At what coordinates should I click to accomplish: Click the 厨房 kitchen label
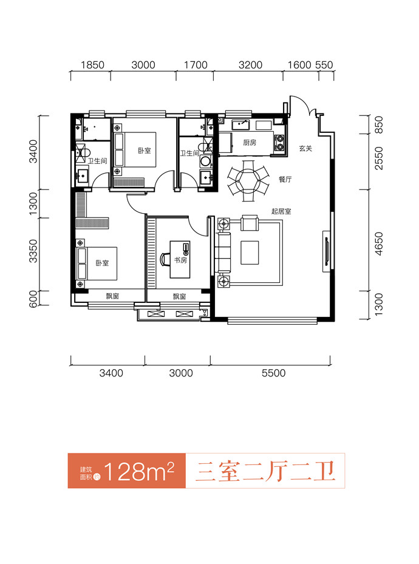[x=250, y=143]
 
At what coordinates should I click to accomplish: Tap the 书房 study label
[x=180, y=260]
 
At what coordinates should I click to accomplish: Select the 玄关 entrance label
[x=305, y=148]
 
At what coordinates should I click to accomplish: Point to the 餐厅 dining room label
[x=285, y=179]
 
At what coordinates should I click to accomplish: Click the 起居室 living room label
[x=281, y=211]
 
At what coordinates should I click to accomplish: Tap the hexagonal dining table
[x=248, y=181]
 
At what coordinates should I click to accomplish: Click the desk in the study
[x=180, y=259]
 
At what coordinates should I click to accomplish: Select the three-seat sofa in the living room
[x=223, y=253]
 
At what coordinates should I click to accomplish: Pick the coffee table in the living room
[x=250, y=253]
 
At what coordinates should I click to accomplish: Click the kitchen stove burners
[x=279, y=143]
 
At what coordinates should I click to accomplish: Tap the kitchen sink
[x=240, y=125]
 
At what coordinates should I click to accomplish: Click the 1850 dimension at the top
[x=92, y=65]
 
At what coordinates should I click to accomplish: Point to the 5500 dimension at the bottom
[x=274, y=373]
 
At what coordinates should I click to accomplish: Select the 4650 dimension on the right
[x=379, y=244]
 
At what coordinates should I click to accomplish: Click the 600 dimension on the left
[x=33, y=299]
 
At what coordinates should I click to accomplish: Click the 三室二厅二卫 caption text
[x=265, y=471]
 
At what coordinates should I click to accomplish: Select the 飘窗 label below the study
[x=180, y=296]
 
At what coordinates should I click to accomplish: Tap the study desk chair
[x=165, y=259]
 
